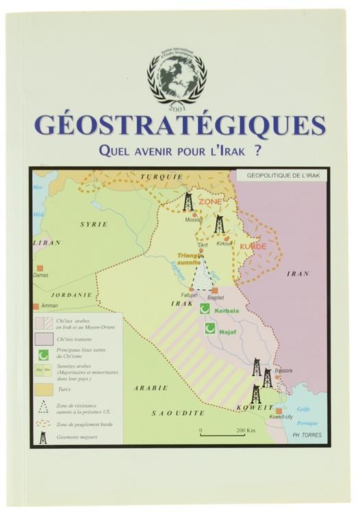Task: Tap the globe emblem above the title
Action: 177,75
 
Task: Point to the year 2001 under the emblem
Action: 177,107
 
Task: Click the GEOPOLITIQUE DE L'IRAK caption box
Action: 282,175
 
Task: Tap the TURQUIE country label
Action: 162,176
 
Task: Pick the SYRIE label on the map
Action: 94,224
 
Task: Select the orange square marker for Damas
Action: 40,267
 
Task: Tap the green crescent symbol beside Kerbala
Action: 204,310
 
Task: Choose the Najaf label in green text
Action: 228,330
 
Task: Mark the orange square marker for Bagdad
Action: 214,291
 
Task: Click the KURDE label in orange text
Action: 253,246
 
